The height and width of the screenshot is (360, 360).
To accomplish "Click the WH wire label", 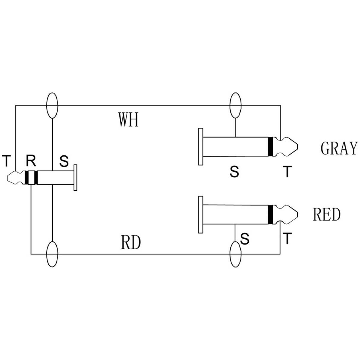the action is [x=128, y=120].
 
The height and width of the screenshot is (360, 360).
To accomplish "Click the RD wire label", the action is [x=130, y=243].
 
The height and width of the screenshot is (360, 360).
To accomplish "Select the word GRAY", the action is [x=339, y=148].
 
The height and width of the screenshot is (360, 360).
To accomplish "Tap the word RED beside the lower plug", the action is [x=327, y=214].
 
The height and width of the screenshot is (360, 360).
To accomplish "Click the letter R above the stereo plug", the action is [x=31, y=160].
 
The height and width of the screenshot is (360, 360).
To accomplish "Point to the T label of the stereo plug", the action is [x=6, y=161].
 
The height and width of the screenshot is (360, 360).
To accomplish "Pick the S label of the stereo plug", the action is [x=64, y=161].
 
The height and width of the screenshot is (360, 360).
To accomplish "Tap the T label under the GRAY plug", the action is [x=287, y=172].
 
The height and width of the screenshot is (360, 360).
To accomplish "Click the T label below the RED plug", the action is [x=287, y=238].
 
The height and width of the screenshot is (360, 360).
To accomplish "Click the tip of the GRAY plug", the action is [x=298, y=147].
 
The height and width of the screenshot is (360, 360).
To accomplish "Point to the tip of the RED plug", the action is [x=298, y=214].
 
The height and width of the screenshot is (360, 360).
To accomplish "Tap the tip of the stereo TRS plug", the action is [x=7, y=178].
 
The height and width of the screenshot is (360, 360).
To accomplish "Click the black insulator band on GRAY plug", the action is [x=270, y=147].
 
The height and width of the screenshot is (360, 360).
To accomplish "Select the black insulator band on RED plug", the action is [x=270, y=214].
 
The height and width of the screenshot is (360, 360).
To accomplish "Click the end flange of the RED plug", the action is [x=201, y=214].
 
